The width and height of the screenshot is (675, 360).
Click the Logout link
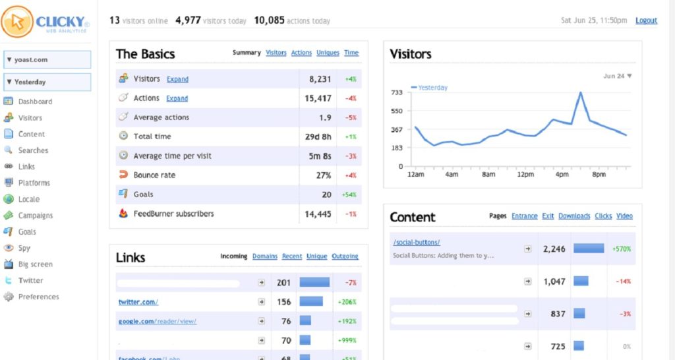(x=646, y=20)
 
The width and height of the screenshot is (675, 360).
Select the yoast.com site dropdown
(x=47, y=59)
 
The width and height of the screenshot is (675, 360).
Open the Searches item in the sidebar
(x=33, y=150)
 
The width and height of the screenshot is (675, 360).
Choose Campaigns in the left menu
(x=36, y=216)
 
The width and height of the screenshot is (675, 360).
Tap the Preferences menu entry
(x=38, y=297)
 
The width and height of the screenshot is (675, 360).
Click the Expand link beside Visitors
(x=177, y=79)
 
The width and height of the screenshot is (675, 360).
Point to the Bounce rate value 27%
(x=323, y=175)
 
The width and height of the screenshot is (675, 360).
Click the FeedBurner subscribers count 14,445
(x=318, y=214)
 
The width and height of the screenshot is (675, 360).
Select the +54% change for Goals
(x=349, y=195)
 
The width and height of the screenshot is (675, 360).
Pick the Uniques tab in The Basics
(x=328, y=53)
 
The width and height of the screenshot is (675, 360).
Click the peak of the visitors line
(x=581, y=93)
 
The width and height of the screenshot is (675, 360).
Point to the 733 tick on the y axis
(x=396, y=92)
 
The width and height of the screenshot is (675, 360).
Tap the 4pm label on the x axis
(x=562, y=175)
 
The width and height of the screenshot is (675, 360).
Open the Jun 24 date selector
(x=618, y=76)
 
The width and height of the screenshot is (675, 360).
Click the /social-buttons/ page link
(x=416, y=242)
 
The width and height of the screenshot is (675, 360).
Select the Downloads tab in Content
(x=574, y=216)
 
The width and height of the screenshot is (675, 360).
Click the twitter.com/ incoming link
(x=138, y=302)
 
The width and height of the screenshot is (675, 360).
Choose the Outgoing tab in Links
(x=345, y=256)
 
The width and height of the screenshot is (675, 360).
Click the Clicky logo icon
(x=17, y=22)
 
